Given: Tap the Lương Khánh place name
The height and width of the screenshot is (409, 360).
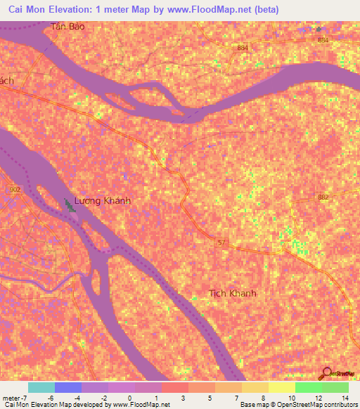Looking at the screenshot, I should pos(103,201).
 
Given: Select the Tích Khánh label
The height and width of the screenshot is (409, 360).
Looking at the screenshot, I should pos(233,293).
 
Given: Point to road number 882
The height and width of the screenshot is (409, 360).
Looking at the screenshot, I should pos(323,197).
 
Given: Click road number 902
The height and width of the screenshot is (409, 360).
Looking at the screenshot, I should pos(14,190).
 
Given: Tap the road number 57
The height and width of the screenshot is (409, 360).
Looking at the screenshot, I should pos(222,242).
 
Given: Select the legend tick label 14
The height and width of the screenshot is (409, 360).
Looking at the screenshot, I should pos(345,398).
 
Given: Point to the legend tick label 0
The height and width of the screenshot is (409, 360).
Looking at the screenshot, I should pos(130,398).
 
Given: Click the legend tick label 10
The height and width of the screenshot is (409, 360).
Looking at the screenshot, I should pos(291,398).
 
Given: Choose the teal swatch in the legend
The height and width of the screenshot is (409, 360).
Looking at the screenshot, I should pos(41,387).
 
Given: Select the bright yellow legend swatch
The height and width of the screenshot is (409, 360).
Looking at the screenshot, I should pos(282,387).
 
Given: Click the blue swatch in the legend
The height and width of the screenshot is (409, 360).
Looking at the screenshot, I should pos(68,387).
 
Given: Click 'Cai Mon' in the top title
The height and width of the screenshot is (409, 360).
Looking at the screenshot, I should pos(31,10).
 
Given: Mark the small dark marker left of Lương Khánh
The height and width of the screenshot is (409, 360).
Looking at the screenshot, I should pos(68,204).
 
